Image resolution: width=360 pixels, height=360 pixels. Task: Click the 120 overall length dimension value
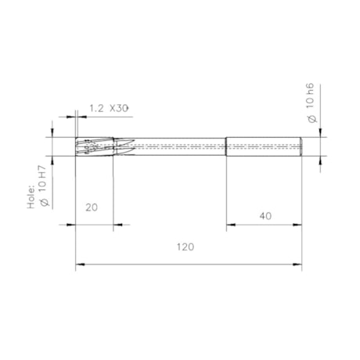[185, 247]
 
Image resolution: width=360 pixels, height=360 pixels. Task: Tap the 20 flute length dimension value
[92, 208]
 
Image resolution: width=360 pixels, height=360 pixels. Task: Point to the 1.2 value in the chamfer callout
[97, 108]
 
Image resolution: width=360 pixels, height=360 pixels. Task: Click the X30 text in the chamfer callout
[118, 108]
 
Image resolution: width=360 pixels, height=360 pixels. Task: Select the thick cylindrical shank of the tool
[264, 146]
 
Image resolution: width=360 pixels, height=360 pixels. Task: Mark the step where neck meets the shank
[226, 146]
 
